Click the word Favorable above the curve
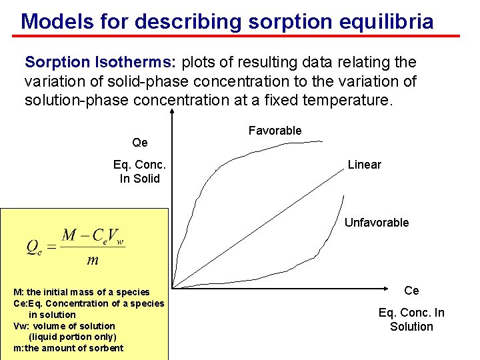275,131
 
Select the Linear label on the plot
364,165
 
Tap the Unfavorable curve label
376,223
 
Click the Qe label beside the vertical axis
140,143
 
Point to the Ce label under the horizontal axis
411,291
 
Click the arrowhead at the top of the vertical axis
172,113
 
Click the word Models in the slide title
57,21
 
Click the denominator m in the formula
93,259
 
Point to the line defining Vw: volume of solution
64,326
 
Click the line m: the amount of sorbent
68,348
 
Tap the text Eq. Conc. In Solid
139,171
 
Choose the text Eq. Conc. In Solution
411,319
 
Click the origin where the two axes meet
173,288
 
